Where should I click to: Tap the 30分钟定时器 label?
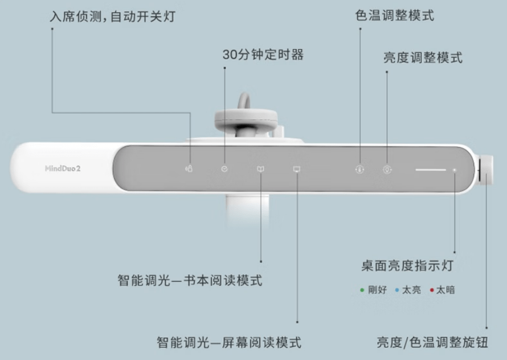pyautogui.click(x=263, y=55)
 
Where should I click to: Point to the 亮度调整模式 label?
pyautogui.click(x=422, y=58)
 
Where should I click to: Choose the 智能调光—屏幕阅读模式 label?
pyautogui.click(x=229, y=342)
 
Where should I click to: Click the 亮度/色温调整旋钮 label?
pyautogui.click(x=432, y=342)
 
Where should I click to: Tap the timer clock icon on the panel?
pyautogui.click(x=224, y=169)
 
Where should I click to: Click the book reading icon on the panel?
pyautogui.click(x=260, y=169)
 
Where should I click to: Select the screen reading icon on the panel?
pyautogui.click(x=296, y=169)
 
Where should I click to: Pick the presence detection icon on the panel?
pyautogui.click(x=189, y=169)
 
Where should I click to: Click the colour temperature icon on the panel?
pyautogui.click(x=360, y=169)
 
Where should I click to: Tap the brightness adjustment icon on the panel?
pyautogui.click(x=387, y=169)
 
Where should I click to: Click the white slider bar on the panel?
pyautogui.click(x=430, y=169)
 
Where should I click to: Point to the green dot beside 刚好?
pyautogui.click(x=362, y=290)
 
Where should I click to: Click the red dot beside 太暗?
pyautogui.click(x=432, y=290)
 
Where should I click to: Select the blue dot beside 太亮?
pyautogui.click(x=397, y=290)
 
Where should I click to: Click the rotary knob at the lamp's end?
pyautogui.click(x=487, y=170)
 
